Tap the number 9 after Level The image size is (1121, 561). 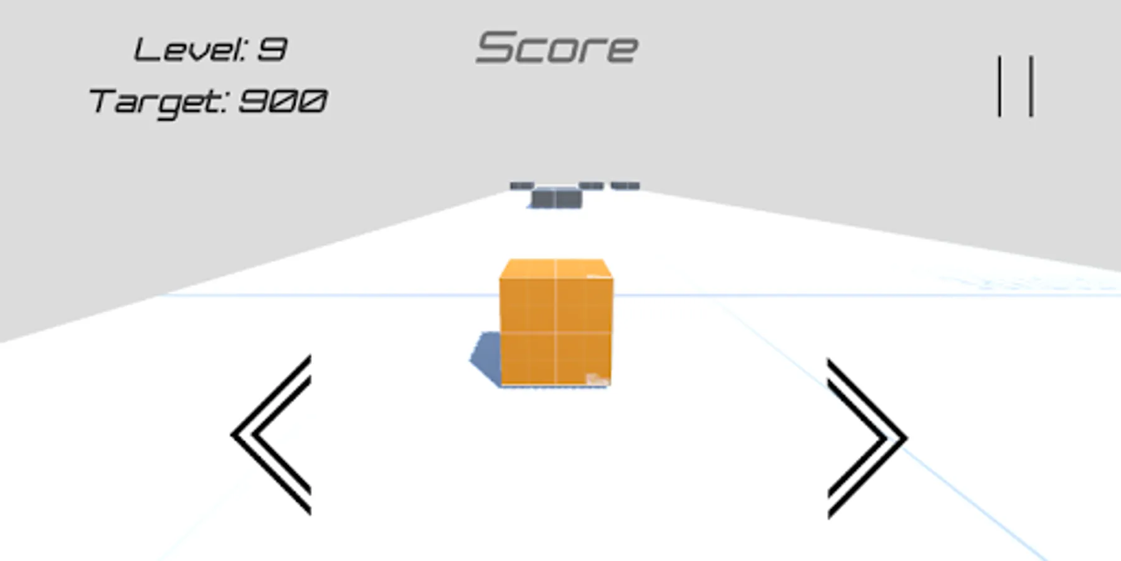pos(272,50)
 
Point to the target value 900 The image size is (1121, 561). pos(283,101)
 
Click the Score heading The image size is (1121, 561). pos(557,48)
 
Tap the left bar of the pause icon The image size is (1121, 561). pos(1000,86)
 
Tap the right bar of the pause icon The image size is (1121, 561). pos(1032,86)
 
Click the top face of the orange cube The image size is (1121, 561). pos(556,269)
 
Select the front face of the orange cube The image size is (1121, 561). pos(556,330)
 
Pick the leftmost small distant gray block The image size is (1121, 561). pos(522,185)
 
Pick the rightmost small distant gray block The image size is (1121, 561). pos(625,185)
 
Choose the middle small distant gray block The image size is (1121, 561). pos(591,185)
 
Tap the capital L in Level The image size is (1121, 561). pos(144,50)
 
